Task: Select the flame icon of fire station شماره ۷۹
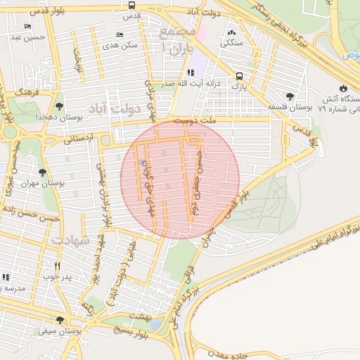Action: click(x=342, y=88)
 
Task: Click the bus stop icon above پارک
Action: click(x=240, y=76)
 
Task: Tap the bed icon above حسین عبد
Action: click(x=27, y=27)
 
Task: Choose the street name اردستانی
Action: click(x=78, y=140)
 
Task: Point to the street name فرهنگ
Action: click(x=31, y=91)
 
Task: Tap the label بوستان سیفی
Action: click(x=58, y=330)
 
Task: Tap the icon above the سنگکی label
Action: click(x=233, y=31)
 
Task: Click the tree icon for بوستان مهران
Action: click(x=42, y=172)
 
